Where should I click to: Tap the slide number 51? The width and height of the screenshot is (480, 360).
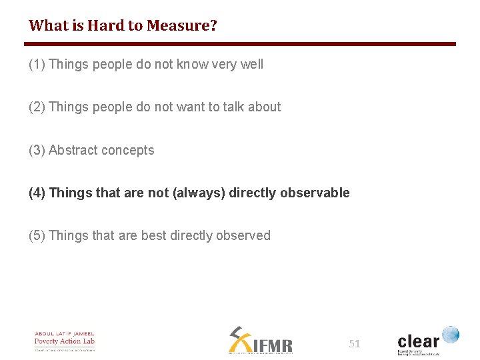[354, 344]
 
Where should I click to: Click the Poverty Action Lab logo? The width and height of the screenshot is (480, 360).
[65, 341]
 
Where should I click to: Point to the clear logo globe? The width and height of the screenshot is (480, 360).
[451, 334]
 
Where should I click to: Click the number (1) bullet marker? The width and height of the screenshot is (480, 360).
[37, 65]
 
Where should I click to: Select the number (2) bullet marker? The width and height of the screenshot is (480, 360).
[37, 107]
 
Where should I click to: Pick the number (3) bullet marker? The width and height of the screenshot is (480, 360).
[37, 151]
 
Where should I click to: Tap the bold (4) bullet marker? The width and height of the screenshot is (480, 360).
[37, 193]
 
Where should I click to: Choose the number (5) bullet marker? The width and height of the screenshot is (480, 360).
[37, 236]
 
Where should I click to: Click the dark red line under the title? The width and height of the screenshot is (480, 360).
[240, 44]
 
